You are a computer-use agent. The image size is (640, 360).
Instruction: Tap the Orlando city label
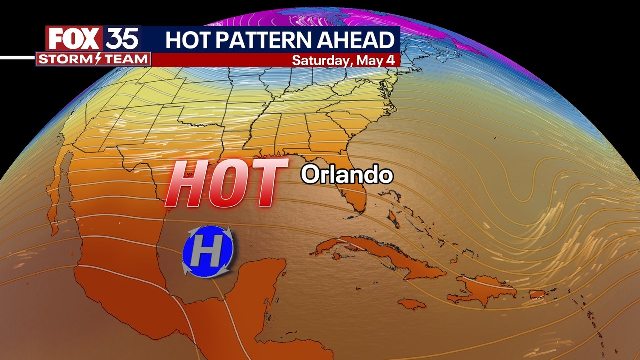coord(346,175)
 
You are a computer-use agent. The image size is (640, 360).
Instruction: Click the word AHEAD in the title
coord(363,39)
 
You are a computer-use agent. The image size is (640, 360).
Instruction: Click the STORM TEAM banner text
coord(93,59)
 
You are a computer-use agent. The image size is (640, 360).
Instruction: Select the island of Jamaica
coord(413,304)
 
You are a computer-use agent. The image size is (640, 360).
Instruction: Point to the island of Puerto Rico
coord(536,294)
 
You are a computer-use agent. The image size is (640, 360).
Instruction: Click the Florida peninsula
coord(352,195)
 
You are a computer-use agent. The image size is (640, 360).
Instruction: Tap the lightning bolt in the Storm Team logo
coord(98,59)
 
